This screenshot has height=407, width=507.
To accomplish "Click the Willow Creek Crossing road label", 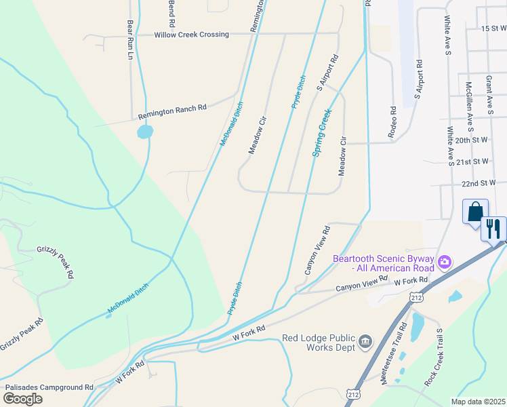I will (192, 34).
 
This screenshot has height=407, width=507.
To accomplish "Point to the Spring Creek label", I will (322, 133).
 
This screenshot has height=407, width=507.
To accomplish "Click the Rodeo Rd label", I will (392, 123).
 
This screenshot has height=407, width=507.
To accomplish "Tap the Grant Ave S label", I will (489, 94).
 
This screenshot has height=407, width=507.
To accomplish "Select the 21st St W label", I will (472, 162).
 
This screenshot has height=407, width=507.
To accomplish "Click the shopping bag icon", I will (475, 211).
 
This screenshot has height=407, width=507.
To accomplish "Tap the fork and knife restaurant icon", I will (493, 229).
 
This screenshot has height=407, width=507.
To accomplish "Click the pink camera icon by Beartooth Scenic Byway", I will (445, 261).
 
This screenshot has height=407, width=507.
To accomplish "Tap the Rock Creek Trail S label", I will (433, 367).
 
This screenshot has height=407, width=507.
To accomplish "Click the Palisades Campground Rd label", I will (49, 387).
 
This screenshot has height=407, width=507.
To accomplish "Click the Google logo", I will (23, 399).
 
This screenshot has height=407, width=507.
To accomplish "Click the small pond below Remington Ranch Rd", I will (145, 132).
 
